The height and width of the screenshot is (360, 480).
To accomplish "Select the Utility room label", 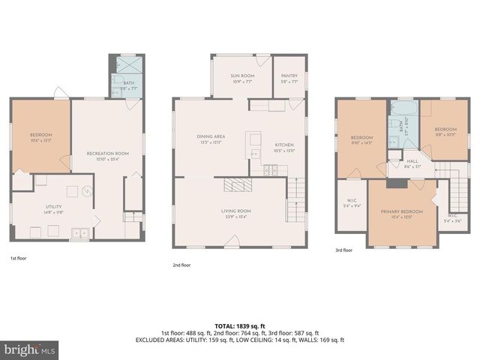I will (x=53, y=208).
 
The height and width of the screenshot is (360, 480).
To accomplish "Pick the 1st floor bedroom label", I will (x=40, y=137).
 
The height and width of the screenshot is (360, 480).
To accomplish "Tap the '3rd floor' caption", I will (x=343, y=250).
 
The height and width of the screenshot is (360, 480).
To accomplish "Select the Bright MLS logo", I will (x=30, y=349).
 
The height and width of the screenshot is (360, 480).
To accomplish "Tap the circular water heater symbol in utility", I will (x=87, y=191).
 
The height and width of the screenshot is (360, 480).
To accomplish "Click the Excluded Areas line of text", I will (x=239, y=339).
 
